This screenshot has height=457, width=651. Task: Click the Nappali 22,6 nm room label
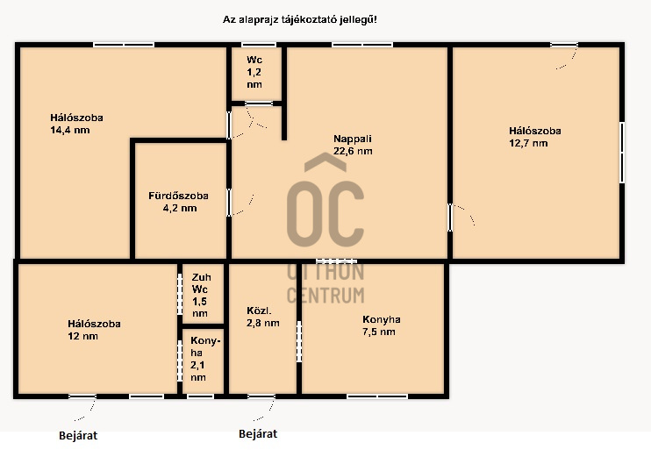pyautogui.click(x=353, y=145)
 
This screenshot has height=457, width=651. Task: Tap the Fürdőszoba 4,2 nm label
pyautogui.click(x=178, y=202)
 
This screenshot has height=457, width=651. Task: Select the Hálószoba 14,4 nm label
pyautogui.click(x=77, y=124)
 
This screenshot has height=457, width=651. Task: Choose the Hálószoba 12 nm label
pyautogui.click(x=94, y=330)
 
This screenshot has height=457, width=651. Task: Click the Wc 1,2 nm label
pyautogui.click(x=254, y=72)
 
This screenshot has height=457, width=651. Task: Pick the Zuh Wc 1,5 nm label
pyautogui.click(x=201, y=295)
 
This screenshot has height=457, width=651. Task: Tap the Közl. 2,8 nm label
pyautogui.click(x=263, y=317)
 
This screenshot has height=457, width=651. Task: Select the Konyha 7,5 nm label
pyautogui.click(x=381, y=325)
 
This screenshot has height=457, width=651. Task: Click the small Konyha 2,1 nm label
pyautogui.click(x=204, y=359)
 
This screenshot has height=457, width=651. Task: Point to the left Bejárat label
pyautogui.click(x=78, y=436)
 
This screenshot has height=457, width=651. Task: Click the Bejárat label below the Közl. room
pyautogui.click(x=258, y=434)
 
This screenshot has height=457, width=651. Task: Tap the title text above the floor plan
pyautogui.click(x=300, y=19)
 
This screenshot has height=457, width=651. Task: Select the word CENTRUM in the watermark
pyautogui.click(x=325, y=296)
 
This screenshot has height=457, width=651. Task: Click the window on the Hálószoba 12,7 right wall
pyautogui.click(x=622, y=153)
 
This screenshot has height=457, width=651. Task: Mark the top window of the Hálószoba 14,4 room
pyautogui.click(x=124, y=45)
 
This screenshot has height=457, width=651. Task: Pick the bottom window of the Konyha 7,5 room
pyautogui.click(x=377, y=396)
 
